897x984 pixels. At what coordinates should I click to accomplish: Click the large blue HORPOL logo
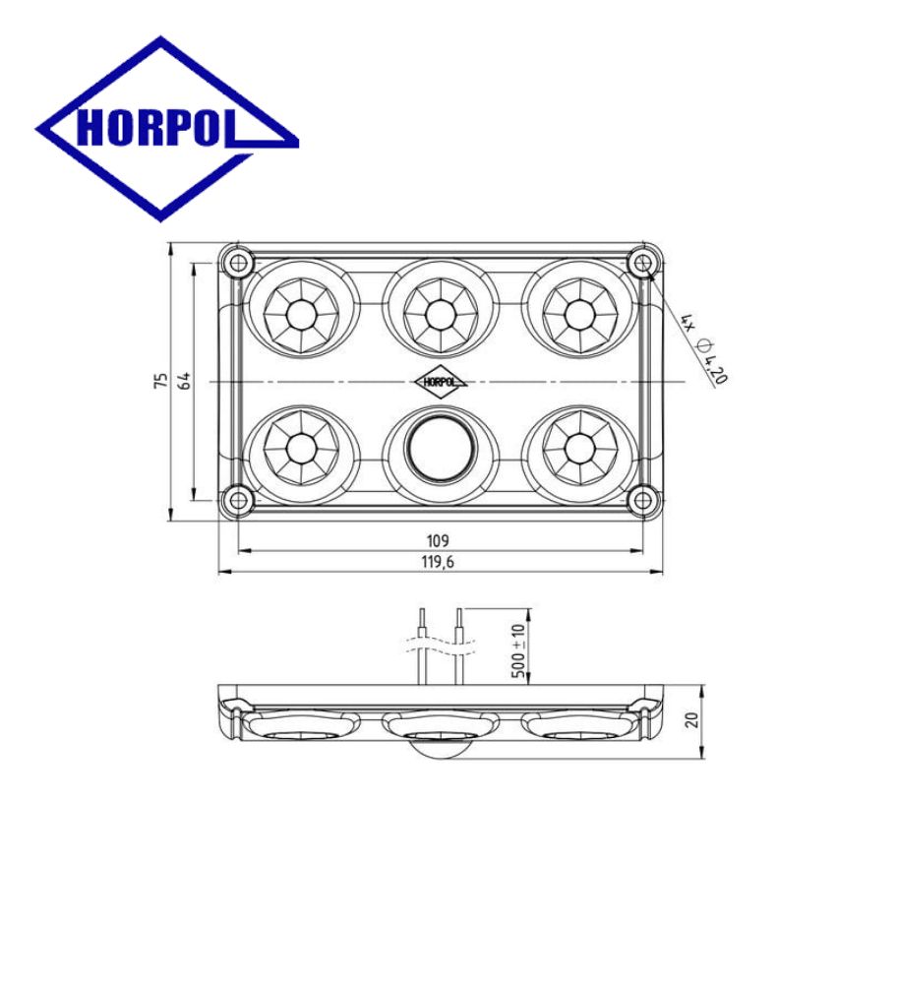point(167,129)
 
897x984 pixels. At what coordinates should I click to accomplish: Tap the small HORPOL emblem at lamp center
point(441,381)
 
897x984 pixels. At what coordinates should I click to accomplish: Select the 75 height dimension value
point(162,380)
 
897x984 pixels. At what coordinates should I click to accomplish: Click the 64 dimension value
point(185,380)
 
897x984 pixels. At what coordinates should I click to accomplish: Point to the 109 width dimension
point(438,540)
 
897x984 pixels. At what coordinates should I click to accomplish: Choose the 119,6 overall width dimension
point(438,562)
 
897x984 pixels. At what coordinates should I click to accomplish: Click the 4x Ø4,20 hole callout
point(705,347)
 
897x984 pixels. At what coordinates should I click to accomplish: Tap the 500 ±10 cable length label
point(518,650)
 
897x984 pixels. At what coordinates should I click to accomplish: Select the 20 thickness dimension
point(691,720)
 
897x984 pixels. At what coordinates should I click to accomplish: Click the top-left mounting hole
point(238,263)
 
